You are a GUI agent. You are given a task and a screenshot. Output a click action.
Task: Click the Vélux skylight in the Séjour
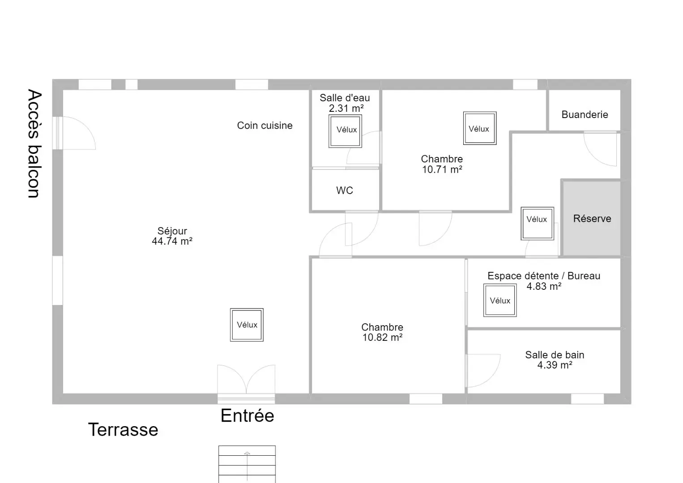coord(247,325)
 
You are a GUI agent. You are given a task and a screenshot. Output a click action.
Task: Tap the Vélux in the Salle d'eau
coord(345,131)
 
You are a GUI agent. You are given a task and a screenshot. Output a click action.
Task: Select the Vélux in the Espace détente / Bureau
coord(500,301)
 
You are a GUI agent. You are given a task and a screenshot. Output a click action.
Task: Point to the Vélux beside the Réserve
coord(537,224)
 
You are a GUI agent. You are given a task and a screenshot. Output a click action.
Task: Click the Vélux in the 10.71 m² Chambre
coord(480,128)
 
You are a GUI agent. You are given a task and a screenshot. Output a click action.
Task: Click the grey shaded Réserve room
coord(592,218)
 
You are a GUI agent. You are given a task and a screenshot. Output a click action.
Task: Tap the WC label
coord(345,191)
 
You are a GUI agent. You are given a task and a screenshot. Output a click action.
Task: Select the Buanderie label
coord(585,114)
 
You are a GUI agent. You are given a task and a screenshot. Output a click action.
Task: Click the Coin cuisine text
coord(265,126)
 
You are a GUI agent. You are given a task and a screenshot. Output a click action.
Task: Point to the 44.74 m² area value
coord(172,241)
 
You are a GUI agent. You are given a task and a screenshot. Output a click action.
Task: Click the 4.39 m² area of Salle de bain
coord(555,365)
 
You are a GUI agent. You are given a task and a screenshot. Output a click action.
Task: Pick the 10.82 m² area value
coord(382,337)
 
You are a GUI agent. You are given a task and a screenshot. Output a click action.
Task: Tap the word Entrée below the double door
coord(247,415)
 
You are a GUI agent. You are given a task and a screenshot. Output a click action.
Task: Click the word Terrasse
coord(123,430)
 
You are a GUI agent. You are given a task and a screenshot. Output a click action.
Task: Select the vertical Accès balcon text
coord(34,144)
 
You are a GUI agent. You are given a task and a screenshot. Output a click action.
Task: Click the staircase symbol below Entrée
coord(247,464)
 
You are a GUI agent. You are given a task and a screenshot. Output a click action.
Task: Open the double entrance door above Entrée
coord(246,381)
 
